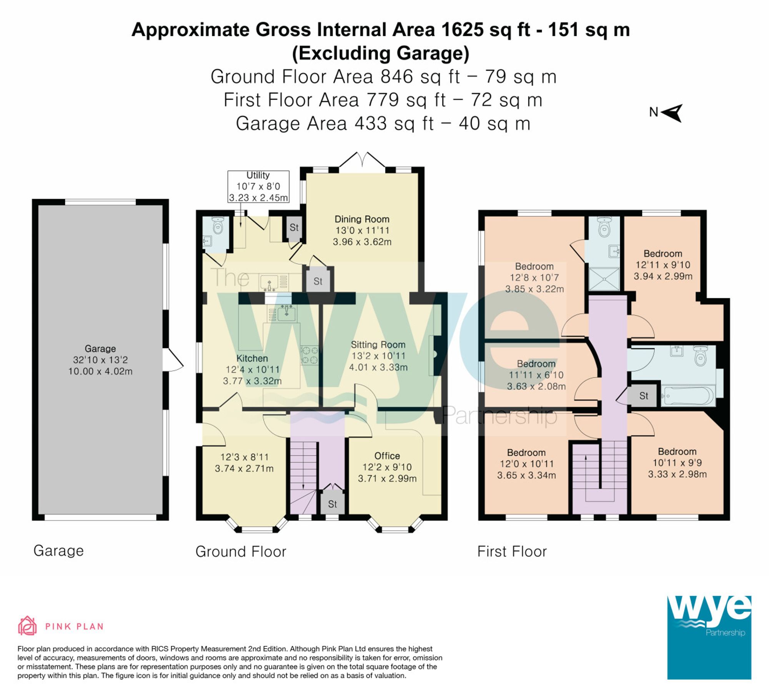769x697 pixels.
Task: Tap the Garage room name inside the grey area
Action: click(x=100, y=348)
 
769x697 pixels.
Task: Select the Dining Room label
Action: click(x=362, y=219)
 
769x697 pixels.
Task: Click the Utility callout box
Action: click(x=258, y=186)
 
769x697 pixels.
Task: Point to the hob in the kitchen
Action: click(x=310, y=355)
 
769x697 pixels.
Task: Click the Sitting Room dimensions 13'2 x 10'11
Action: click(x=378, y=356)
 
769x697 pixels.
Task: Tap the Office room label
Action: click(x=387, y=456)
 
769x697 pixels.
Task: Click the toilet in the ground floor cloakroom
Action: click(x=218, y=226)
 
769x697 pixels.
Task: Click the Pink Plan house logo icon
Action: click(x=27, y=626)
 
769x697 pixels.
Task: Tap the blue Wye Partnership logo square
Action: click(x=709, y=637)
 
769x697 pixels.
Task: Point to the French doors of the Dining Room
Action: click(x=362, y=160)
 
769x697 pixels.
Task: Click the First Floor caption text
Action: click(x=512, y=551)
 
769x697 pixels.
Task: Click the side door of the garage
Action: click(x=172, y=360)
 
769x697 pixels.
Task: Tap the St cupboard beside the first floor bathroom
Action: click(x=644, y=396)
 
